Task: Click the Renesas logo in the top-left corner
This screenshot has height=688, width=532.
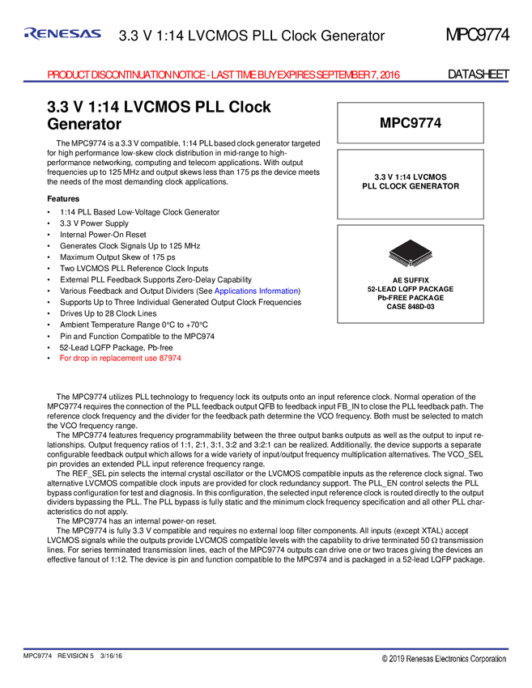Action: click(62, 33)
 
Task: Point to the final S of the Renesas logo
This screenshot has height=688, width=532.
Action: click(96, 33)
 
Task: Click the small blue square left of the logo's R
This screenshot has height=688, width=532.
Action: click(26, 34)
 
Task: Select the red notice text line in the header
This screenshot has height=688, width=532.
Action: click(224, 74)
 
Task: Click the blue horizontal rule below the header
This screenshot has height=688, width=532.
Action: click(266, 81)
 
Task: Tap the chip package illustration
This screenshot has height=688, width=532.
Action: click(411, 253)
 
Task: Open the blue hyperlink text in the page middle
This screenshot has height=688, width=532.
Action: click(255, 291)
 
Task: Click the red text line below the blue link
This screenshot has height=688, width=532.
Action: click(120, 358)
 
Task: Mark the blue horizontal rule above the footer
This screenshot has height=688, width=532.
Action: click(266, 648)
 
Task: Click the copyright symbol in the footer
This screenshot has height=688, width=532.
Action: click(385, 660)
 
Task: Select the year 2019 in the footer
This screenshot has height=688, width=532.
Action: click(396, 660)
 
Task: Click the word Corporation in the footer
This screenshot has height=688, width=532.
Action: click(491, 660)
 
